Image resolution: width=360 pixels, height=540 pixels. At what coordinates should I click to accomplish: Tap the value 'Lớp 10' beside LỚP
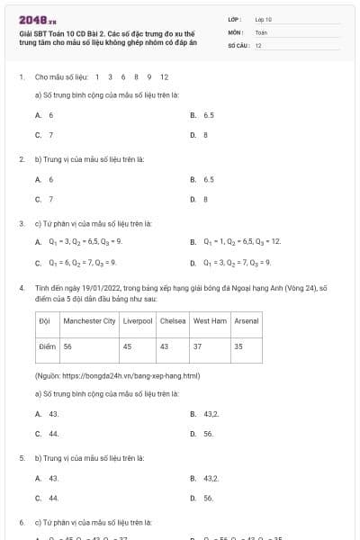coord(263,19)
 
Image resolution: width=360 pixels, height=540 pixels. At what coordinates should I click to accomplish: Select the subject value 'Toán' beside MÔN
coord(261,31)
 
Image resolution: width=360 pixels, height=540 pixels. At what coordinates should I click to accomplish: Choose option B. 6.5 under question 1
coord(205,115)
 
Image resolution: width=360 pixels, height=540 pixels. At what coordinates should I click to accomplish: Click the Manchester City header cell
coord(89,320)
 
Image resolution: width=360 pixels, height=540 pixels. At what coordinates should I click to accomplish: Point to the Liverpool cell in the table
coord(138,320)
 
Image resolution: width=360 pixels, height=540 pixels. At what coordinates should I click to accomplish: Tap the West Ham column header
coord(210,320)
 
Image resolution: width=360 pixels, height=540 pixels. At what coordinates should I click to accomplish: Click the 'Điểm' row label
coord(47,346)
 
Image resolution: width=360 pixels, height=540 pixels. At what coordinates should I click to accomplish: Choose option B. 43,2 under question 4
coord(205,414)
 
